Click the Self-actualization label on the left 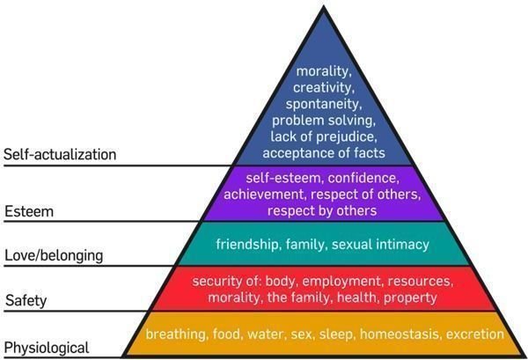[x=60, y=154]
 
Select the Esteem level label [x=29, y=211]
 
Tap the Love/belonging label [x=54, y=255]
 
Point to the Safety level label [x=26, y=300]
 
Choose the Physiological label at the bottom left [x=47, y=348]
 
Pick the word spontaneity [x=324, y=104]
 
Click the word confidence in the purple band [x=363, y=178]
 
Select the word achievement [x=266, y=195]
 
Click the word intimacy [x=402, y=244]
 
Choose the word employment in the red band [x=343, y=281]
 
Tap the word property [x=410, y=298]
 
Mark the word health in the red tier [x=358, y=298]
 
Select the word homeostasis [x=400, y=334]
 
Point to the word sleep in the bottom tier [x=336, y=334]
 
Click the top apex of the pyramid [x=324, y=7]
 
